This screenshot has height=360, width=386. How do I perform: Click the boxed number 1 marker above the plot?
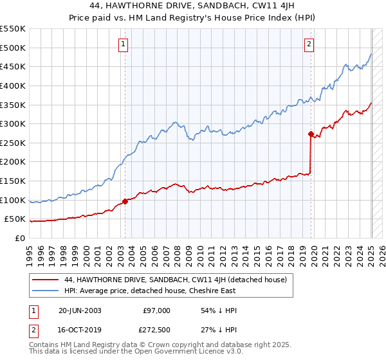pos(122,44)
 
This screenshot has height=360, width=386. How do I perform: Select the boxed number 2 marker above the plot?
pos(309,44)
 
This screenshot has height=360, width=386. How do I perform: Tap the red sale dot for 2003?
pos(125,201)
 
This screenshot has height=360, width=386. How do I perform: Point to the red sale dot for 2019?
pos(311,134)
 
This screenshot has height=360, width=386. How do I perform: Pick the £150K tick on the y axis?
pos(14,181)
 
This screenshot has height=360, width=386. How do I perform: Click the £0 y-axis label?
pos(20,238)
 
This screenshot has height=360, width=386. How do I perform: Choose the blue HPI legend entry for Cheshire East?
pos(150,291)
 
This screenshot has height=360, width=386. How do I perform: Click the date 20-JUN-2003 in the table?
pos(80,310)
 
